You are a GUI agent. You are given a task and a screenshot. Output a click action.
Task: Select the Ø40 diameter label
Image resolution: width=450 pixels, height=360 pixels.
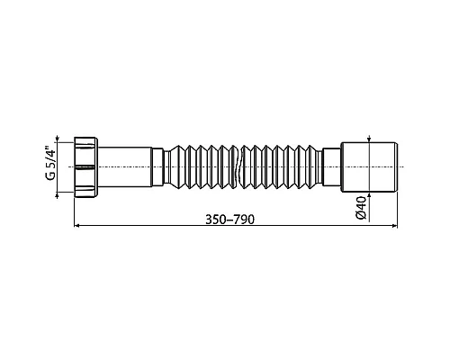[x=360, y=207]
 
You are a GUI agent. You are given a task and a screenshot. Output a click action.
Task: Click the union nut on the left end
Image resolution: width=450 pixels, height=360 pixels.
[x=89, y=166]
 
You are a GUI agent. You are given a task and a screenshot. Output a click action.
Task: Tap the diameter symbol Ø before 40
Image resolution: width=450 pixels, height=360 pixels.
[x=360, y=214]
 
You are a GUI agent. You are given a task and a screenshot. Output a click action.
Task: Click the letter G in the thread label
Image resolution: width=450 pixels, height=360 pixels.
[x=51, y=176]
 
